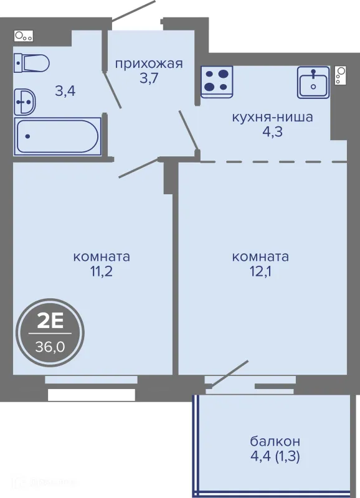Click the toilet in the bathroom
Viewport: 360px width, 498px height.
(32, 63)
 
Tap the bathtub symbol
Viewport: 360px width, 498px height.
(57, 136)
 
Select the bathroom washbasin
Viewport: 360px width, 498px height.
(25, 102)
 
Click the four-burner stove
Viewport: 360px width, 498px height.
(217, 82)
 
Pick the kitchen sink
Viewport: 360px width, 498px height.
(313, 82)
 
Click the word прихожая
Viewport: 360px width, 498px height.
(149, 64)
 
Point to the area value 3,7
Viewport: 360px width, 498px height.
(149, 78)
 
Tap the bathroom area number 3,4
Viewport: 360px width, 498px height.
(65, 92)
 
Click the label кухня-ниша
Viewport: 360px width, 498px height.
(273, 117)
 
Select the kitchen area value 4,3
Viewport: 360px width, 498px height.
(273, 131)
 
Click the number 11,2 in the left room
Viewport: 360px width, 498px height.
(102, 271)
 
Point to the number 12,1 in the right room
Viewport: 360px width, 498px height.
(260, 271)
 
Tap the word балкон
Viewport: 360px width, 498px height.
(275, 441)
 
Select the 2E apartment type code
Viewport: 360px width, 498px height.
(50, 322)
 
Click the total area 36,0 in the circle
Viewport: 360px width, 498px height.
(50, 347)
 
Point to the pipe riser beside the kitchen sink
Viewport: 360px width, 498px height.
(340, 75)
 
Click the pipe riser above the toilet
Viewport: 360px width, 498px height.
(24, 36)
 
